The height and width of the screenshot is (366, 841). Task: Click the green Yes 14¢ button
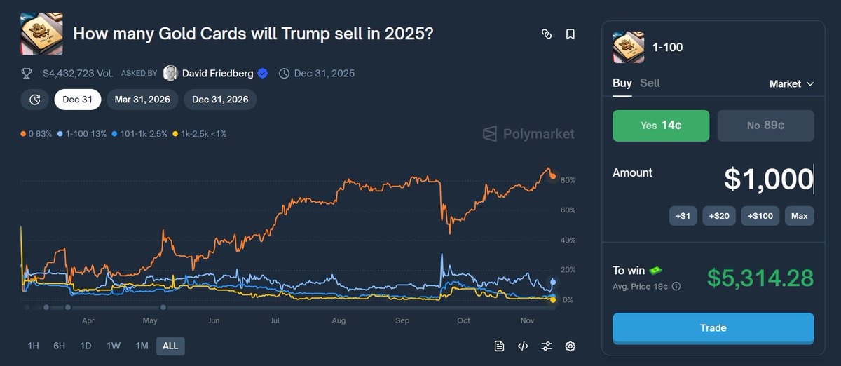[x=661, y=126]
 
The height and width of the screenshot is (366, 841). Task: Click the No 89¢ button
[x=765, y=126]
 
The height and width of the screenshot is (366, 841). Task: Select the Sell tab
[x=650, y=83]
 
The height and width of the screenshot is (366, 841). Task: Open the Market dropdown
[x=791, y=83]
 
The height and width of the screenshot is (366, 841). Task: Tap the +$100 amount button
[x=760, y=216]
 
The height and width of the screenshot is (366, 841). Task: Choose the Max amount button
[x=799, y=216]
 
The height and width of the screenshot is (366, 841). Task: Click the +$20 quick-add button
[x=719, y=216]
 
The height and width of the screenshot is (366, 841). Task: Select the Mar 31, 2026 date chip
[x=142, y=100]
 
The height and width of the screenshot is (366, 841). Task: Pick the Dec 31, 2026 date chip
[x=220, y=100]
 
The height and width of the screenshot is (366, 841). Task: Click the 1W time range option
[x=113, y=346]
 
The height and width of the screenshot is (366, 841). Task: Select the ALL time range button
[x=170, y=346]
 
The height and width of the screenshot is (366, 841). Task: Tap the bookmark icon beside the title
[x=570, y=34]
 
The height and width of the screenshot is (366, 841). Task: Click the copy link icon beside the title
[x=547, y=34]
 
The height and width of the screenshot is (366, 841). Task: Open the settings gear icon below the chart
[x=570, y=346]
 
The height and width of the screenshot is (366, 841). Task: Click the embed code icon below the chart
[x=523, y=346]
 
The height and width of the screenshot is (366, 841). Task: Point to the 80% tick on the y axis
[x=568, y=180]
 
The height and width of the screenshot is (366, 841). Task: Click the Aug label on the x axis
[x=339, y=320]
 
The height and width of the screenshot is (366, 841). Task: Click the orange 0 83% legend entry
[x=36, y=133]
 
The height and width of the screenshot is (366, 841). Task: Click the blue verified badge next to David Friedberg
[x=263, y=73]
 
